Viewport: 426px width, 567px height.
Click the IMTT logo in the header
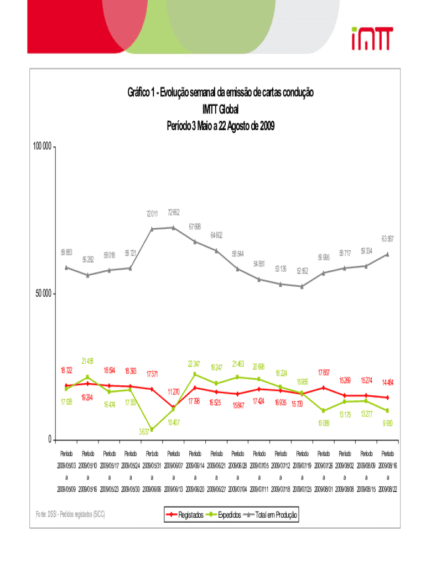click(x=371, y=38)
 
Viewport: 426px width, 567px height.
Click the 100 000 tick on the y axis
click(x=43, y=147)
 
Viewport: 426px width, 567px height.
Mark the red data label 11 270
click(x=173, y=392)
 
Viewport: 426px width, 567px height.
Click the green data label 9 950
click(x=388, y=423)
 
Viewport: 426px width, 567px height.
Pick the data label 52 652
click(x=302, y=271)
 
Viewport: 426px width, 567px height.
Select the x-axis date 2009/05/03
click(x=66, y=465)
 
